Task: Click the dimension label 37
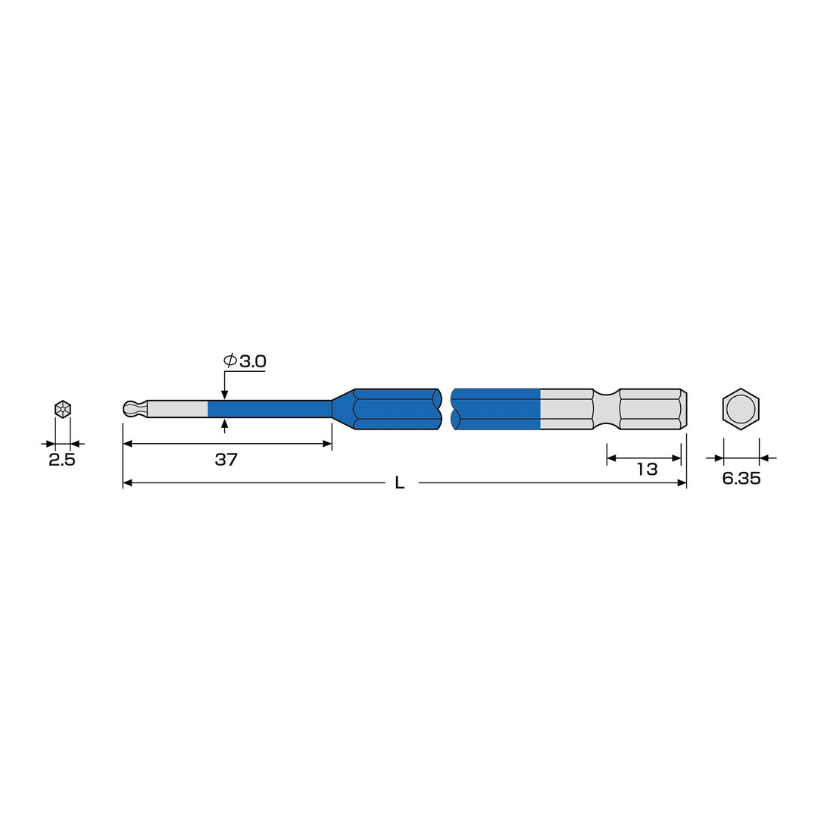click(x=226, y=460)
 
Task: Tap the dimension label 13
click(x=647, y=470)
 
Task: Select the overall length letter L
click(x=400, y=483)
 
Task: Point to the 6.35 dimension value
click(x=742, y=479)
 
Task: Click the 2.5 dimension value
click(x=62, y=461)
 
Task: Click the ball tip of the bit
click(x=133, y=409)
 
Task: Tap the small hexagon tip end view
click(x=63, y=409)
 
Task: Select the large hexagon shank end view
click(x=741, y=409)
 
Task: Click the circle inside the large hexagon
click(x=741, y=409)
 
